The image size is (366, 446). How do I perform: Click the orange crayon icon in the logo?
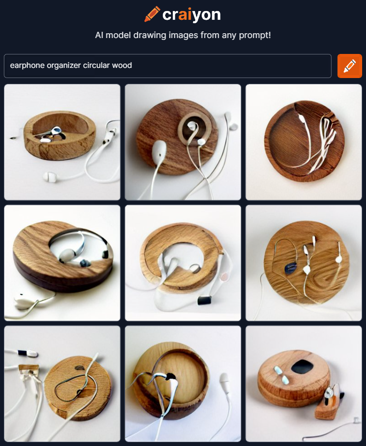click(x=152, y=14)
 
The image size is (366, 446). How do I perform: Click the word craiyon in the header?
click(x=191, y=15)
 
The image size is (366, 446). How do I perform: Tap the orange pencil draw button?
click(x=350, y=66)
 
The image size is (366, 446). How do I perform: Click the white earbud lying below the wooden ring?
click(x=50, y=177)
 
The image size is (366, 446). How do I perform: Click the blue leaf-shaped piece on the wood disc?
click(x=291, y=268)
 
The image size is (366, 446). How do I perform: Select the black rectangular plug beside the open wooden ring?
click(x=204, y=300)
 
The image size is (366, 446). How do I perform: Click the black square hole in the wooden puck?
click(x=302, y=367)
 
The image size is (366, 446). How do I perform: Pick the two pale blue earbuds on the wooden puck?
click(x=281, y=375)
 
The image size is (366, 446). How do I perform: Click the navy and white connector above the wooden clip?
click(x=28, y=353)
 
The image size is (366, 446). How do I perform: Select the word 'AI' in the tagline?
click(x=99, y=35)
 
